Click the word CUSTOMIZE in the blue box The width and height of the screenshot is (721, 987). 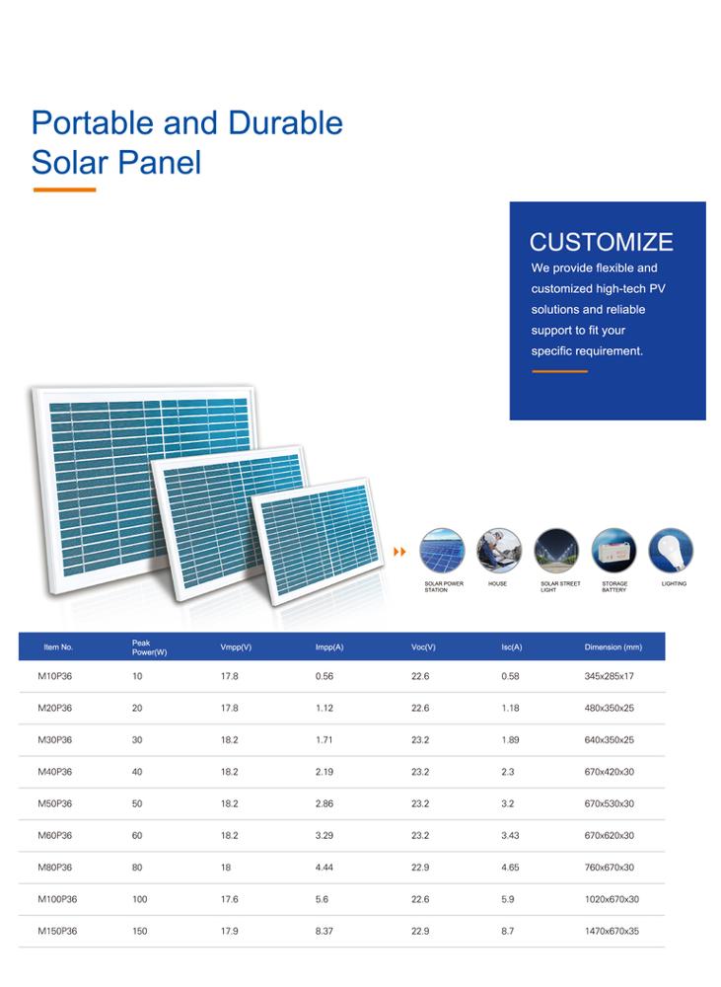click(601, 242)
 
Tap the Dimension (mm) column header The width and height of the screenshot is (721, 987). click(613, 647)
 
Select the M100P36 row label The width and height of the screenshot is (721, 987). click(57, 899)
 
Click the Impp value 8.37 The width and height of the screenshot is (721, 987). click(324, 931)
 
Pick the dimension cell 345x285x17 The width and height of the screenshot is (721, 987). click(609, 676)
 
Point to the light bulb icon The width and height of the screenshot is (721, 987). click(672, 550)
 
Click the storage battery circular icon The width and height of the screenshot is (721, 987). click(614, 550)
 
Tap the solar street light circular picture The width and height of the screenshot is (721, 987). click(556, 550)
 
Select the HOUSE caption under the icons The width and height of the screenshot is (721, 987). click(497, 583)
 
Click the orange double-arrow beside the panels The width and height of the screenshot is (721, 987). click(399, 552)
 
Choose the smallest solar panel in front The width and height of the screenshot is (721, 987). click(318, 541)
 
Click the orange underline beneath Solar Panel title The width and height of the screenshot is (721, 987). click(64, 190)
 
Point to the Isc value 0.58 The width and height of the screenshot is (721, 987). click(510, 676)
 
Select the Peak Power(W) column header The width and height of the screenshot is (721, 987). click(149, 647)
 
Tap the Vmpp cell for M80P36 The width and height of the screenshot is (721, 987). click(226, 868)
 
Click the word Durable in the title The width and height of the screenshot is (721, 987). click(286, 122)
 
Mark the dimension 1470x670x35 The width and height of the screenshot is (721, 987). click(612, 931)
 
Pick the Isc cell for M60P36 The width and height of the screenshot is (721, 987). click(510, 835)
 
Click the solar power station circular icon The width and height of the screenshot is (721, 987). click(442, 550)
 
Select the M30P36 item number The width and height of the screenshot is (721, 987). click(54, 739)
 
